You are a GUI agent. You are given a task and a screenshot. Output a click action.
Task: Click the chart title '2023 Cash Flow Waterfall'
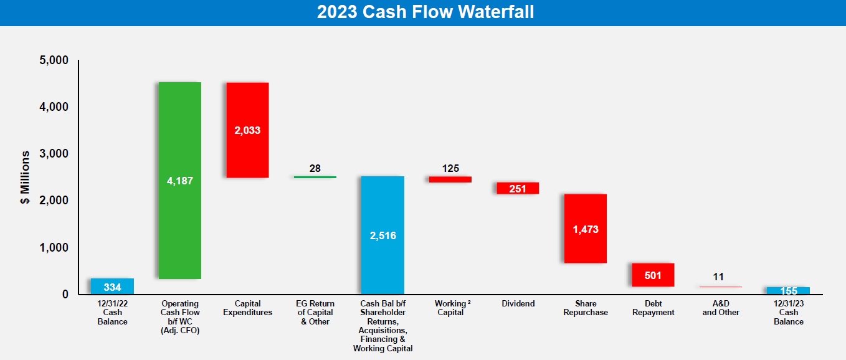coord(425,12)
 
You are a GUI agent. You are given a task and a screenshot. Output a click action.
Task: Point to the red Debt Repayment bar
coord(653,275)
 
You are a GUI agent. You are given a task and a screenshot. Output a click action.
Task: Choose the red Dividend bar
coord(518,188)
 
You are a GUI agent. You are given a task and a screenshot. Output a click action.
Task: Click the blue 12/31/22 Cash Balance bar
coord(112,287)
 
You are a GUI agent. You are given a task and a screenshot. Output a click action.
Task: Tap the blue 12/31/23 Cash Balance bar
coord(788,290)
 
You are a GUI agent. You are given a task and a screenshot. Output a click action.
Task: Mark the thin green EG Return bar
coord(315,177)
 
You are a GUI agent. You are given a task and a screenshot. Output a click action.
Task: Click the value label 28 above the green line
coord(315,168)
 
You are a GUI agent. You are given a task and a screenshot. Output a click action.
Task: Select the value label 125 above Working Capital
coord(450,168)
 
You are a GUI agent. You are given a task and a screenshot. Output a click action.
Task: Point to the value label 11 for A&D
coord(718,277)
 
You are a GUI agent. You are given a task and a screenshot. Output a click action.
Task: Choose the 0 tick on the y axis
coord(65,294)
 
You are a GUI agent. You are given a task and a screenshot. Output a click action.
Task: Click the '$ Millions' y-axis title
coord(25,178)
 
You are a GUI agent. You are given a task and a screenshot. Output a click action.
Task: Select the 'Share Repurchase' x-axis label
coord(585,308)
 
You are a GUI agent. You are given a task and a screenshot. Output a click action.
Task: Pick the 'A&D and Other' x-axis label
coord(721,308)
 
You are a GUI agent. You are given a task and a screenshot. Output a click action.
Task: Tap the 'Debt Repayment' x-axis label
coord(653,308)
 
